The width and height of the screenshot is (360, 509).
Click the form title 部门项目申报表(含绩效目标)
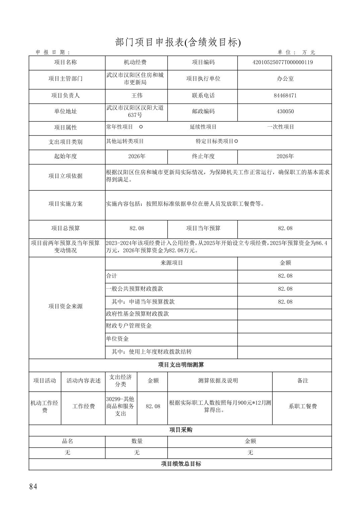[178, 42]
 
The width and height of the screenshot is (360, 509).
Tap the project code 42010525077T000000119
[283, 62]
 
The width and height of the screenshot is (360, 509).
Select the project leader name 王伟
[137, 95]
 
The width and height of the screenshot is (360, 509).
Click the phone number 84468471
[285, 95]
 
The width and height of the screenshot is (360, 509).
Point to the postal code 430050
[285, 112]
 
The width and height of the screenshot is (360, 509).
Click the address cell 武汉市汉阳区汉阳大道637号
[135, 112]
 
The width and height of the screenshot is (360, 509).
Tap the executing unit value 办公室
[285, 79]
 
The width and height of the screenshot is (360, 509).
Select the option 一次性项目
[281, 127]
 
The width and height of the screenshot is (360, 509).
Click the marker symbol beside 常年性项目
[141, 127]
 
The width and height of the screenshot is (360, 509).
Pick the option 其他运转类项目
[125, 141]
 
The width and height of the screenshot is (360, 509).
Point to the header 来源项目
[171, 263]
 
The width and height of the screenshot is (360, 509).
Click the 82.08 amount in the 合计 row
[285, 276]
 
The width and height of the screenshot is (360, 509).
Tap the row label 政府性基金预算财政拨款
[137, 314]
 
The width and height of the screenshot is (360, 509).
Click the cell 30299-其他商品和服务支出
[121, 406]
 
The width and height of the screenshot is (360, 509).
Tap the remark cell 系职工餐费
[303, 406]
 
